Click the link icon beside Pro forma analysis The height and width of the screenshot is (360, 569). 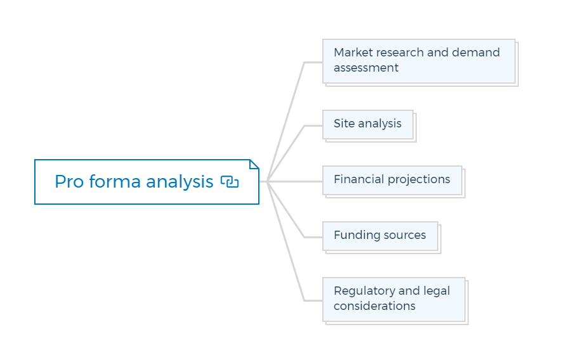point(230,182)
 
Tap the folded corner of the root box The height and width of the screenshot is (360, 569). point(254,164)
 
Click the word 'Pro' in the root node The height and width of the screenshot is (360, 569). point(69,182)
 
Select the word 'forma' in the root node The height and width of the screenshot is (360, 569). point(115,181)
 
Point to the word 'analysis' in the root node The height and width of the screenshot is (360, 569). point(180,182)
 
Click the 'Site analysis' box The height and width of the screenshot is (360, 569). point(368,124)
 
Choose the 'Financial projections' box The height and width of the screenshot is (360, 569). point(392,180)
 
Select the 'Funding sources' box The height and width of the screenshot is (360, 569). point(381,236)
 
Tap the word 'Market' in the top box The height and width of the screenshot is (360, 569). point(353,53)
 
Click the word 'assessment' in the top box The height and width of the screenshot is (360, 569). point(366,68)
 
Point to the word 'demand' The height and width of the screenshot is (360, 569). point(476,53)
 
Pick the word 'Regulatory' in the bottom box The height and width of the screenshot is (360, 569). point(364,291)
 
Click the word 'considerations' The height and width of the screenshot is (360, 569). point(374,306)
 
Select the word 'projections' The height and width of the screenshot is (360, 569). point(419,180)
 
